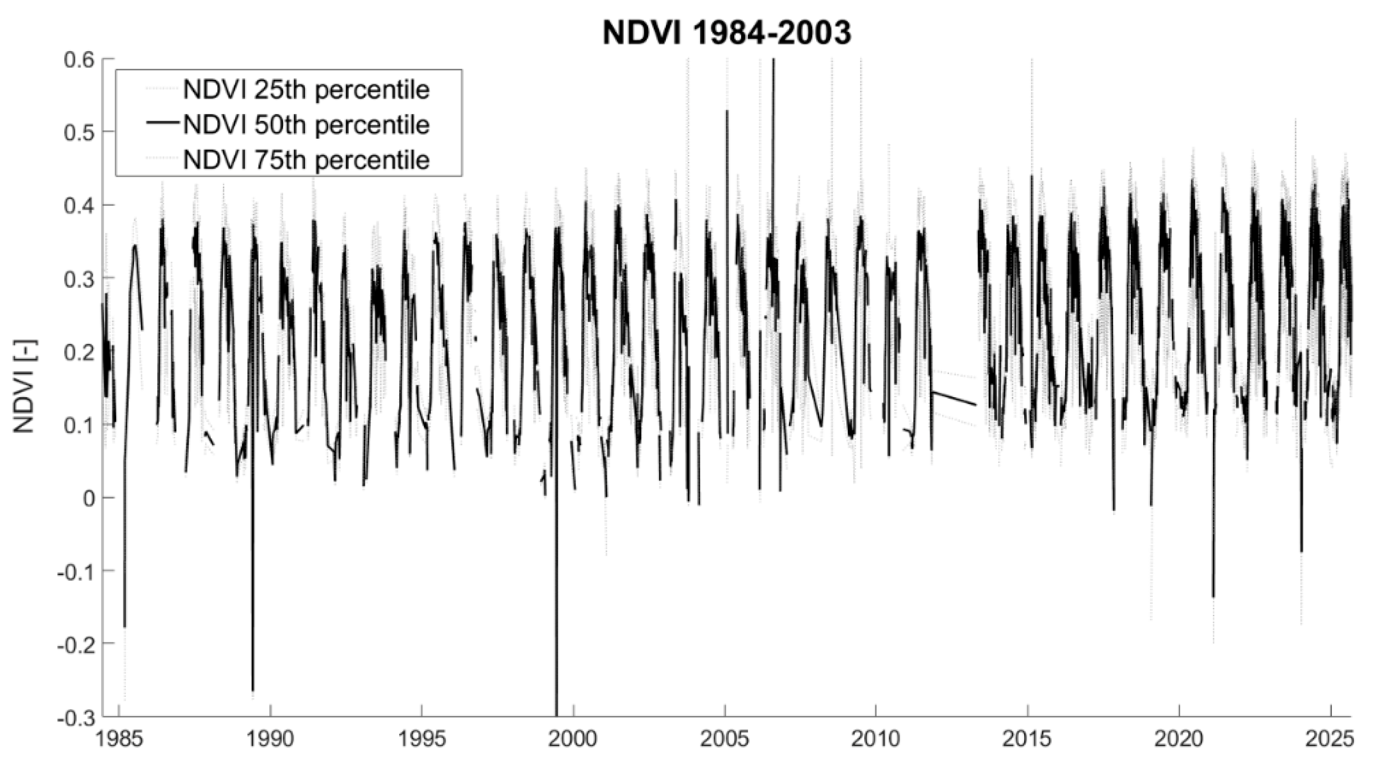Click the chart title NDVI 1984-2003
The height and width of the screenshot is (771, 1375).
click(x=727, y=33)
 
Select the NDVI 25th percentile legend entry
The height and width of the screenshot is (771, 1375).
click(x=306, y=90)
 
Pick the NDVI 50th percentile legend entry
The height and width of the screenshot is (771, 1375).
click(x=306, y=124)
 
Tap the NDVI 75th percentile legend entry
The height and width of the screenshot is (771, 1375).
click(x=306, y=159)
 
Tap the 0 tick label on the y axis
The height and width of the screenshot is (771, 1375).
click(x=87, y=497)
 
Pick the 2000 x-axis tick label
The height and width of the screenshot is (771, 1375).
click(x=573, y=740)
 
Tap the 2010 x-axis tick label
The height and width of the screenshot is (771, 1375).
click(x=876, y=740)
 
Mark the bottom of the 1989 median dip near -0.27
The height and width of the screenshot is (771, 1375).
click(x=253, y=690)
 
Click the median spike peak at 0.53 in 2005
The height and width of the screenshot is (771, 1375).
click(x=727, y=111)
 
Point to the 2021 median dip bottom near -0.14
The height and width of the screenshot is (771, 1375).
click(x=1213, y=597)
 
